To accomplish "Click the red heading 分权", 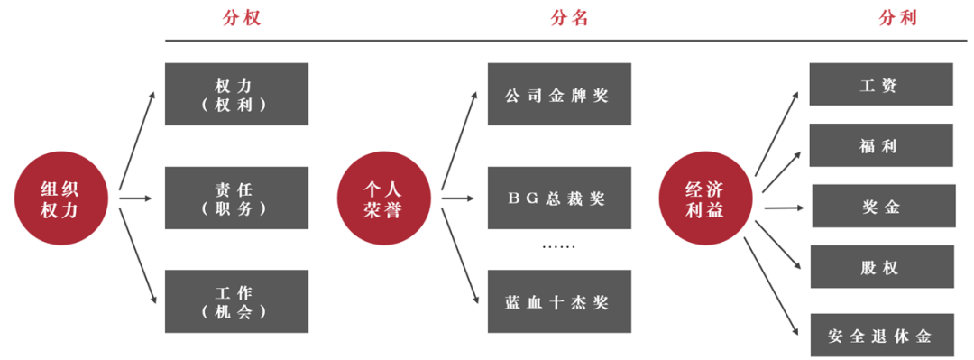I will coord(241,18).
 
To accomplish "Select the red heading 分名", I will coord(569,18).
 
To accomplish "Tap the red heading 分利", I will coord(899,18).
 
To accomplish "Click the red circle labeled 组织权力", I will coord(60,198).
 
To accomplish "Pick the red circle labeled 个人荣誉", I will coord(382,198).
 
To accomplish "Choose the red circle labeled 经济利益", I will coord(704,198).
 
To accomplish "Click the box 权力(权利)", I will coord(236,94).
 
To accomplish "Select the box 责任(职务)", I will coord(236,198).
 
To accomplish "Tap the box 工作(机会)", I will coord(236,301).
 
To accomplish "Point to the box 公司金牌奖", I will coord(559,94).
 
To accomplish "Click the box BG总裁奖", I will coord(559,198).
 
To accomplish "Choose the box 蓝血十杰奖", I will coord(559,301).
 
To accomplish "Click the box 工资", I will coord(880,84).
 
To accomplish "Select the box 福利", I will coord(880,144).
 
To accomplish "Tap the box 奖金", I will coord(883,206).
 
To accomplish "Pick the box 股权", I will coord(880,267).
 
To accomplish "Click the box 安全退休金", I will coord(880,337).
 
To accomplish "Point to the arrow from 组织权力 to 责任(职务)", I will coord(136,198).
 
